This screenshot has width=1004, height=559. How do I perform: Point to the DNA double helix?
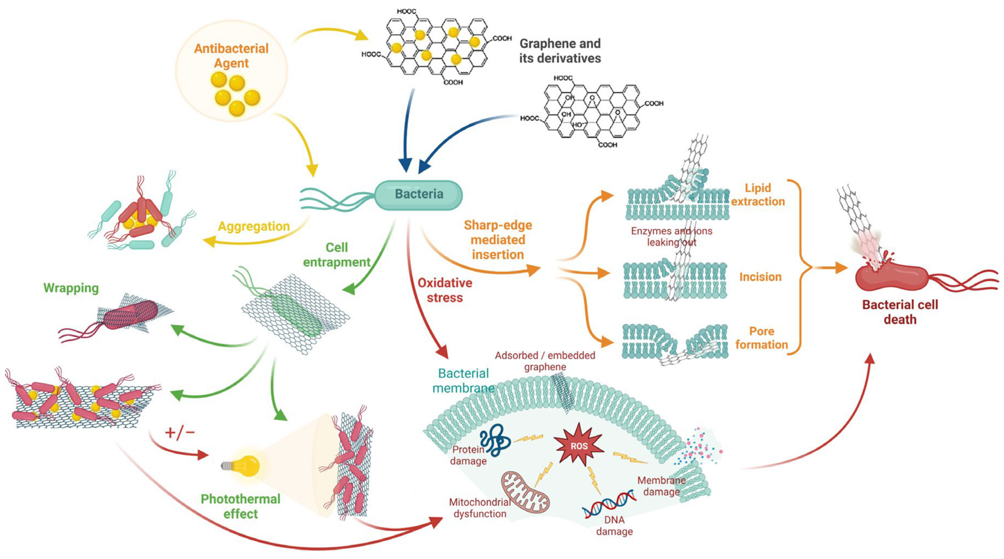[x=608, y=505]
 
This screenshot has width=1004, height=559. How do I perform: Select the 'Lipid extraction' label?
[x=758, y=194]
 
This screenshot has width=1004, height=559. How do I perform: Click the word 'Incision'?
[x=760, y=277]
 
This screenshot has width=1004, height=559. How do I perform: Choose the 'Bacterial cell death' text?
[x=900, y=312]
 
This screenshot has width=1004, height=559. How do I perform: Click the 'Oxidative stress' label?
[x=445, y=290]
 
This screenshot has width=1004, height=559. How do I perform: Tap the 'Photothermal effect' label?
[x=240, y=506]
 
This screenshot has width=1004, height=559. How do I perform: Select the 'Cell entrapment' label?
[x=337, y=254]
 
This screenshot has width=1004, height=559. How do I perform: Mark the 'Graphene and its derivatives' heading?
[x=560, y=51]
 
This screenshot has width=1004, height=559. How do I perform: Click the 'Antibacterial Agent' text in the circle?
[x=232, y=55]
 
